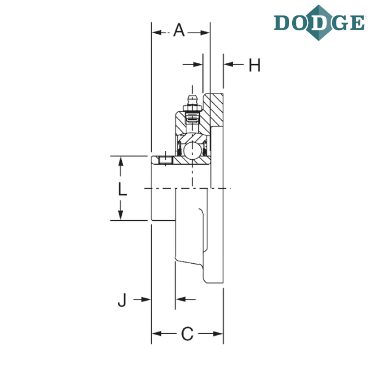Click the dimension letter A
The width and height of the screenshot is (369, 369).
[x=179, y=30]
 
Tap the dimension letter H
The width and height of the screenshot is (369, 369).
[x=255, y=65]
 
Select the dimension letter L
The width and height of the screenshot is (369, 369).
[x=122, y=189]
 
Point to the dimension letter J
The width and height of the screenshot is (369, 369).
[x=122, y=300]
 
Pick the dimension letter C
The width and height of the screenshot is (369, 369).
[x=188, y=334]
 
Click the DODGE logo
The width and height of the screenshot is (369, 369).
[x=319, y=23]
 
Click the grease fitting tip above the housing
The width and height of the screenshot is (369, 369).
[x=192, y=97]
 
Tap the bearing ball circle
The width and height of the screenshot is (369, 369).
[x=192, y=150]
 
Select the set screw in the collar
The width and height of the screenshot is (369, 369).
[x=165, y=161]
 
